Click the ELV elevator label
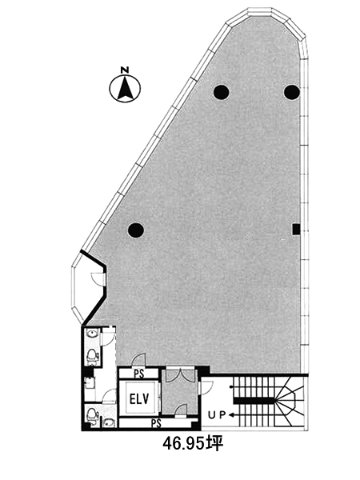[139, 399]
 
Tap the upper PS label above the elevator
[138, 374]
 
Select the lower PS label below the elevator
[156, 423]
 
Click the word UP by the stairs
[217, 415]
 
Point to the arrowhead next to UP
[231, 415]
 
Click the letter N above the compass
[125, 70]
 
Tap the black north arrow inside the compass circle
[125, 89]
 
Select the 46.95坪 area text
[193, 444]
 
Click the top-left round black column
[222, 92]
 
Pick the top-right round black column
[291, 92]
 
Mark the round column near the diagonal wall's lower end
[136, 230]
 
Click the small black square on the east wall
[296, 230]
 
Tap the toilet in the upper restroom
[91, 356]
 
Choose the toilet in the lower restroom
[92, 414]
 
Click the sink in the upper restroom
[92, 333]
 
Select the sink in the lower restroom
[109, 423]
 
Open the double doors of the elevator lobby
[181, 374]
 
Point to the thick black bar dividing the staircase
[254, 401]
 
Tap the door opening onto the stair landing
[206, 387]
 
